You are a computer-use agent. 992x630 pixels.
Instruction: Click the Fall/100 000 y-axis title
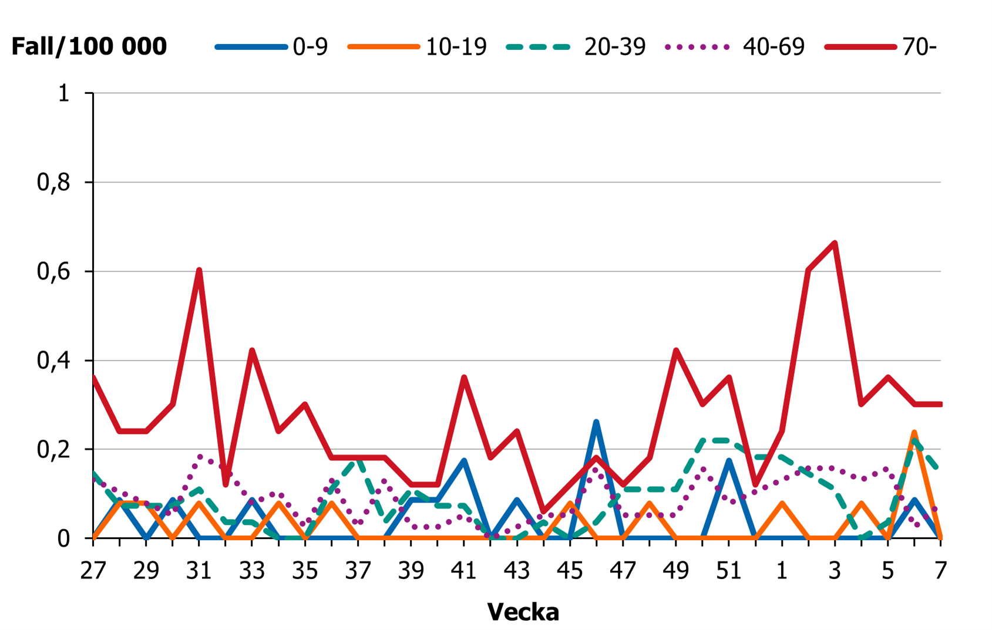pos(89,46)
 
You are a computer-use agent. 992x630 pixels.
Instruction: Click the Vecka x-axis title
pos(523,612)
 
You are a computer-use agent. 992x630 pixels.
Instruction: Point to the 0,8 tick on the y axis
pos(53,183)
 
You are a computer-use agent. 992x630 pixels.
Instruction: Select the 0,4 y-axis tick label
pos(53,361)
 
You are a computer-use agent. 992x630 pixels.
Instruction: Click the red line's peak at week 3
pos(835,243)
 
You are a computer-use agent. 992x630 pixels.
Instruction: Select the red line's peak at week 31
pos(199,270)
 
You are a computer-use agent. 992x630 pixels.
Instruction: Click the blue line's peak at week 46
pos(596,422)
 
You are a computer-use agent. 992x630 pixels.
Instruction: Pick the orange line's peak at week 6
pos(914,433)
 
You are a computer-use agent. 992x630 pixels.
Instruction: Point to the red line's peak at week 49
pos(676,351)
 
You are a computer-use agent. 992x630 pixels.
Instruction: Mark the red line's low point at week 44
pos(543,511)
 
